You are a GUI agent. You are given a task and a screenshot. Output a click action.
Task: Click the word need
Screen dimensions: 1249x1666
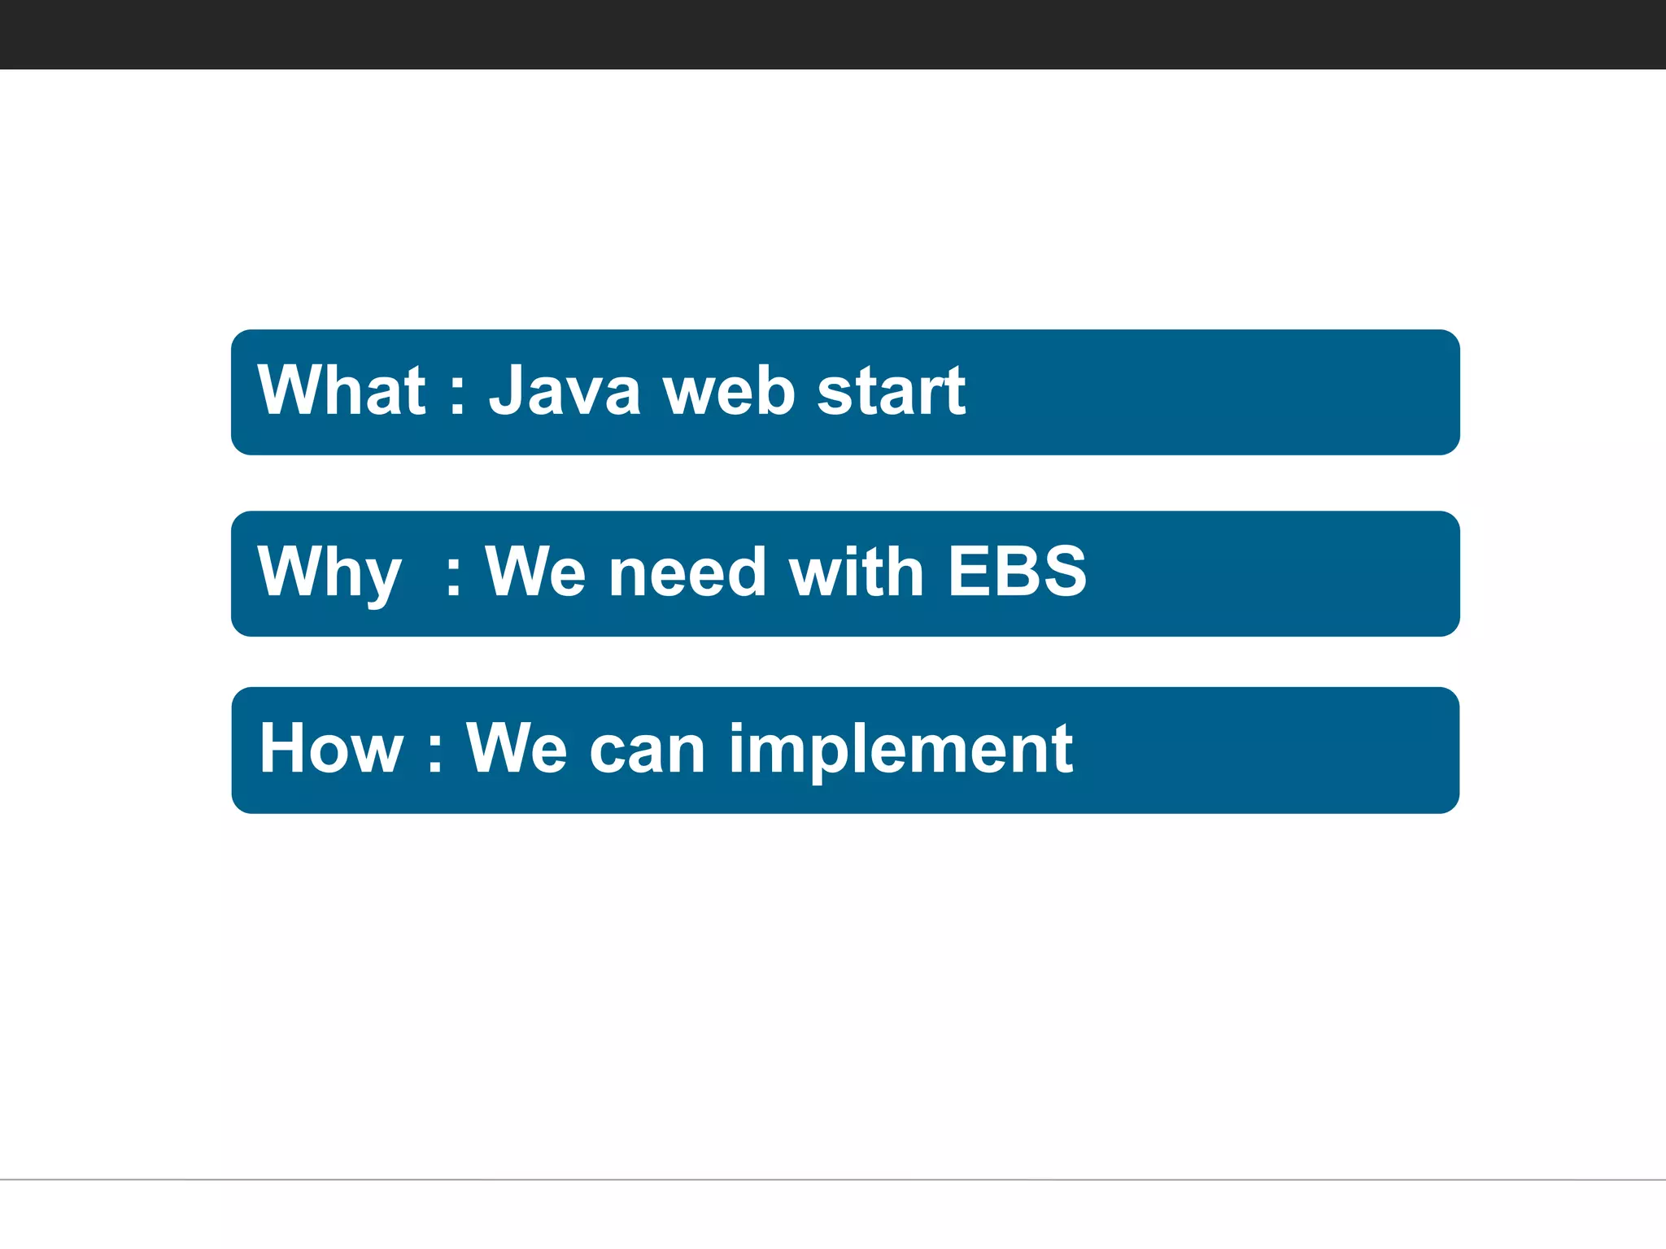pyautogui.click(x=687, y=572)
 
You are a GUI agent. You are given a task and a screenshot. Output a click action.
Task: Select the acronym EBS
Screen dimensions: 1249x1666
pyautogui.click(x=1017, y=572)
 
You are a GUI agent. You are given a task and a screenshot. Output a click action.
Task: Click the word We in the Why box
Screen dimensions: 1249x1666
pyautogui.click(x=534, y=572)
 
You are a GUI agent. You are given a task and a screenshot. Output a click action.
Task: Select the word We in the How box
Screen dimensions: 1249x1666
pyautogui.click(x=516, y=748)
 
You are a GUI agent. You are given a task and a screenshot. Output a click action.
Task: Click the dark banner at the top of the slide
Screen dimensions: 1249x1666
pyautogui.click(x=833, y=34)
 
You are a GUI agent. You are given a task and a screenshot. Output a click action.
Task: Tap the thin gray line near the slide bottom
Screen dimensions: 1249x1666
pyautogui.click(x=833, y=1179)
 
